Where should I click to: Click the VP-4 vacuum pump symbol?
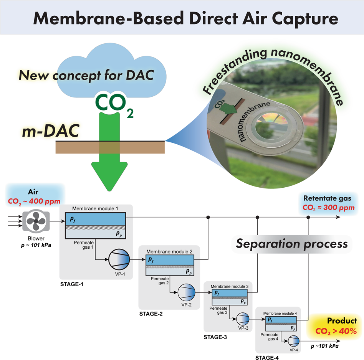pyautogui.click(x=293, y=340)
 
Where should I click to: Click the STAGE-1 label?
pyautogui.click(x=72, y=285)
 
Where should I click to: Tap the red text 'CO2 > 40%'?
pyautogui.click(x=337, y=330)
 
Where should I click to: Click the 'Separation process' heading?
pyautogui.click(x=291, y=244)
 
